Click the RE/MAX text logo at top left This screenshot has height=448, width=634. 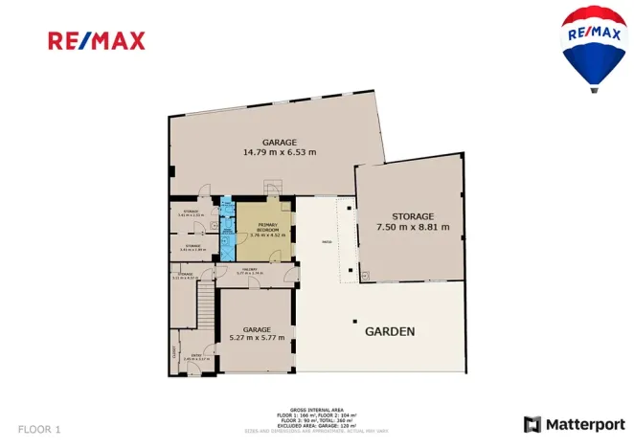(x=97, y=40)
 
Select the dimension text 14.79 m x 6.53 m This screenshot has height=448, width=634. (x=280, y=152)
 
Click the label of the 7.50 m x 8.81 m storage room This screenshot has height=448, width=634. (x=413, y=217)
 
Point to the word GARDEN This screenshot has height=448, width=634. (x=390, y=332)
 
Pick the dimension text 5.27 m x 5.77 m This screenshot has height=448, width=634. (x=257, y=338)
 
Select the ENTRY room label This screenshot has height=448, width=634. (x=194, y=356)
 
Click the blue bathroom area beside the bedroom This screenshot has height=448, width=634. (x=227, y=231)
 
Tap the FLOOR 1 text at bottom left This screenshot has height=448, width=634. (x=39, y=429)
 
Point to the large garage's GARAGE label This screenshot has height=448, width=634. (x=280, y=143)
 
